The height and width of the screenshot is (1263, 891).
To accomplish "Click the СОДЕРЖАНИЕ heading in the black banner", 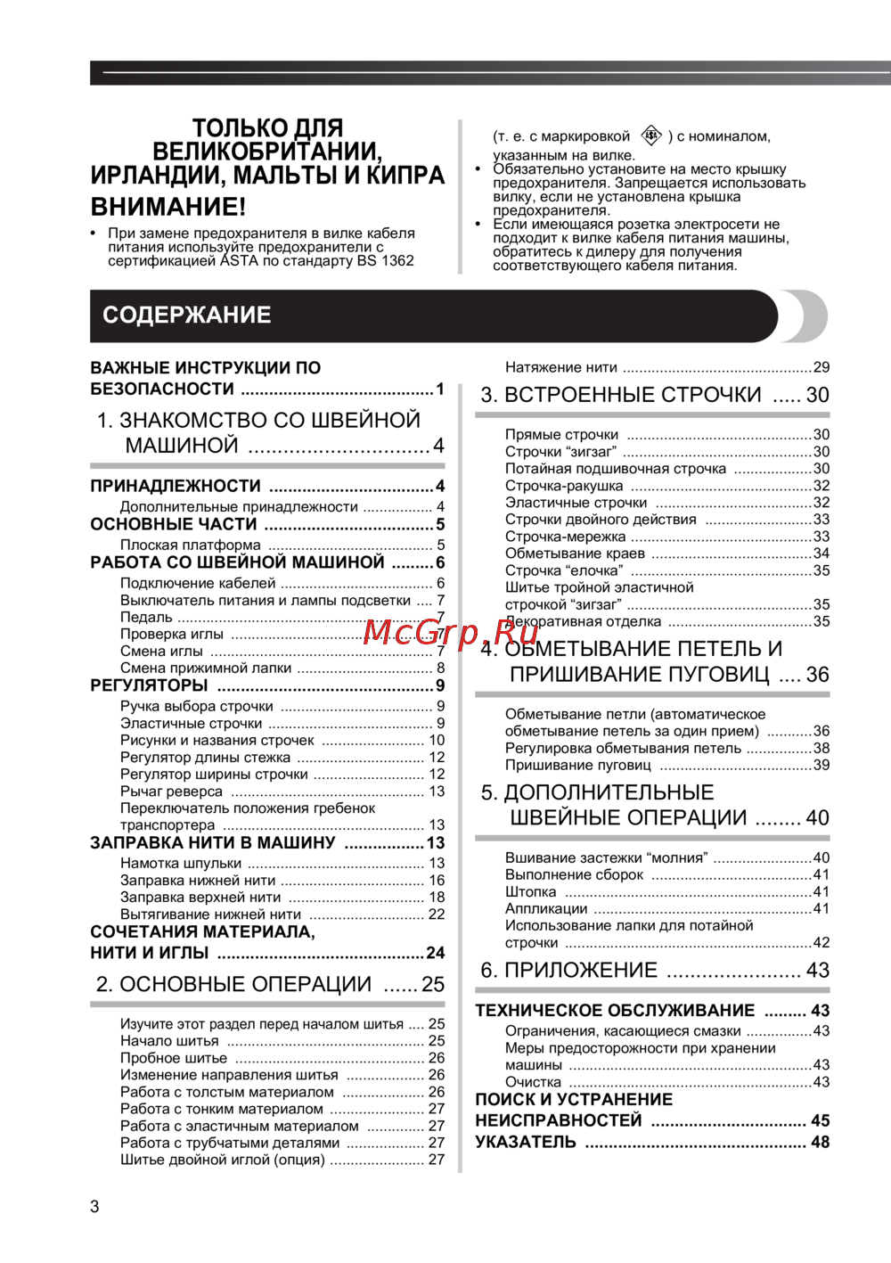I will click(187, 316).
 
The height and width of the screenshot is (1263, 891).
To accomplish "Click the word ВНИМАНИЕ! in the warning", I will click(168, 207).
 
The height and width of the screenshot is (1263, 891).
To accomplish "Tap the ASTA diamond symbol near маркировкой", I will click(652, 135).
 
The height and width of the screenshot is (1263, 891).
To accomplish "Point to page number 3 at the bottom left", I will click(94, 1207).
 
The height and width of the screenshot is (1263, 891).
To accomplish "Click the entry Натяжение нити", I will click(561, 367).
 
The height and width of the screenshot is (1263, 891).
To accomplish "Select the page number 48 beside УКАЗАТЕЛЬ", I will click(820, 1142).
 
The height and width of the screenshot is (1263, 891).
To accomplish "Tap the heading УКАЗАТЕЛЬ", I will click(526, 1142).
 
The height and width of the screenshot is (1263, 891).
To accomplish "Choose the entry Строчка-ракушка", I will click(564, 486).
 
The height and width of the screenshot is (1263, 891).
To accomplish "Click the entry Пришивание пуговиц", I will click(578, 765).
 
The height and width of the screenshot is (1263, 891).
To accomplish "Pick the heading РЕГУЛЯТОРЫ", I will click(149, 685).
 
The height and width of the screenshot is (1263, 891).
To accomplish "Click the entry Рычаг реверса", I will click(171, 791).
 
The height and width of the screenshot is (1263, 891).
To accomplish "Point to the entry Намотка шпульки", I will click(181, 863).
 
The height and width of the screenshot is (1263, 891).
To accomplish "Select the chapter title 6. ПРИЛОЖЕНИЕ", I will click(568, 970).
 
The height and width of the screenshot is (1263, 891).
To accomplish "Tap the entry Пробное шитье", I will click(174, 1058).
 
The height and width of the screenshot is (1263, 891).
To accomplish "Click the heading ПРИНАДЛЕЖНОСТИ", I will click(176, 486).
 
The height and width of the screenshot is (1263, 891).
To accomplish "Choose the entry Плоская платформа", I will click(191, 545).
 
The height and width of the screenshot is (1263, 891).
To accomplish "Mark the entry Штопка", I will click(531, 891).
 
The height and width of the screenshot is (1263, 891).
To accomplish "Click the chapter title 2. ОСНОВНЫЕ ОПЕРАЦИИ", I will click(233, 984).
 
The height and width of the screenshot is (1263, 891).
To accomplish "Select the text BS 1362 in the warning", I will click(386, 261).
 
